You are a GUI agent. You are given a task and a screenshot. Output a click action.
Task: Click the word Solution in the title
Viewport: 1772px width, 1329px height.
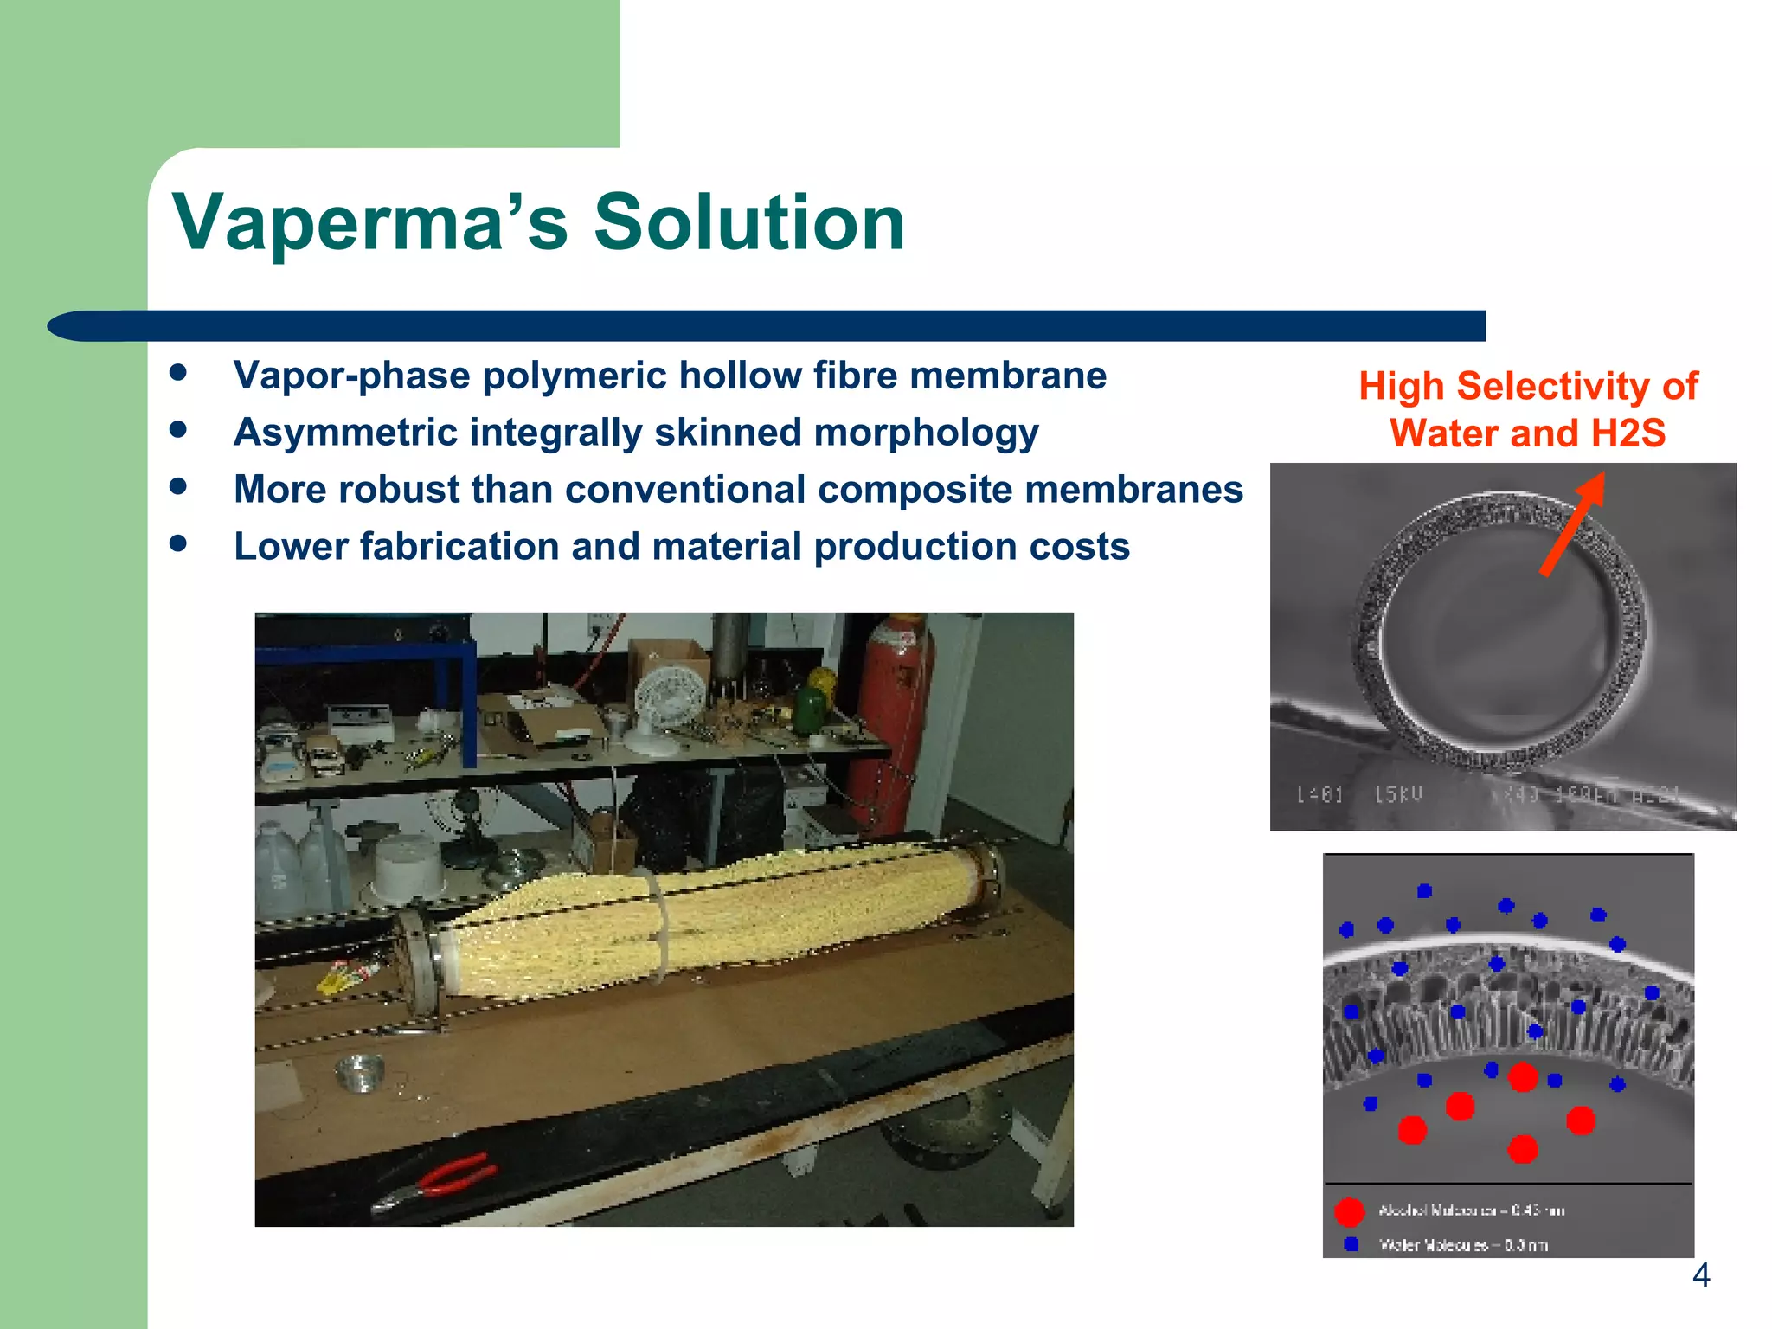pos(748,223)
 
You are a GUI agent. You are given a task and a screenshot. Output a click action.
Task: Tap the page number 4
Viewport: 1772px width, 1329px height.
pos(1700,1275)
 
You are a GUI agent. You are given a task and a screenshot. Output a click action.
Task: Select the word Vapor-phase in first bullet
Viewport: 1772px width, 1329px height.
pos(350,376)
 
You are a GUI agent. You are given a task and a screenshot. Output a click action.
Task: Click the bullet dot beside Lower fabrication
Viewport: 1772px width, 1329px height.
pos(179,543)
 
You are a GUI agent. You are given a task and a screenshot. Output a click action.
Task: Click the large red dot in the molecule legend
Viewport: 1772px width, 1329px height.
pos(1349,1211)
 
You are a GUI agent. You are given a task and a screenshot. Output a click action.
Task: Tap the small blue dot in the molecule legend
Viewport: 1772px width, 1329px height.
pos(1351,1244)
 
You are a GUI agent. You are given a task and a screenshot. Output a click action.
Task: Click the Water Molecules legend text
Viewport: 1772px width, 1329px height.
pos(1462,1245)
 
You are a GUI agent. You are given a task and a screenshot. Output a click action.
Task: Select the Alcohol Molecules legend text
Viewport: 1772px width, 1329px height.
pos(1471,1210)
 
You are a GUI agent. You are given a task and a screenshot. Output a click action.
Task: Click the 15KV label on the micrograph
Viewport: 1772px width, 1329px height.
pos(1398,793)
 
